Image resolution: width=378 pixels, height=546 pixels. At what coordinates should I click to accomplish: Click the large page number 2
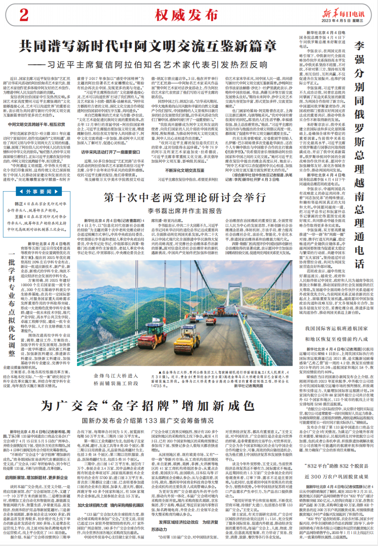(x=24, y=15)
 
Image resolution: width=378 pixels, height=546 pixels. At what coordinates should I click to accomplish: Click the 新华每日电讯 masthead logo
(x=343, y=14)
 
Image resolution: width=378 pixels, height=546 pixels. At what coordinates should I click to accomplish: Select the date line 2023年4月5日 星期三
(x=343, y=21)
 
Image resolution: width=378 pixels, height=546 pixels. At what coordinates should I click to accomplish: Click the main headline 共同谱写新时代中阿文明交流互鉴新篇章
(x=147, y=46)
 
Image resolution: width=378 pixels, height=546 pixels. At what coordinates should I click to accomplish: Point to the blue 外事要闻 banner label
(x=39, y=191)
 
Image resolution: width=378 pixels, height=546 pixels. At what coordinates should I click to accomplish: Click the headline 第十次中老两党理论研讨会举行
(x=184, y=198)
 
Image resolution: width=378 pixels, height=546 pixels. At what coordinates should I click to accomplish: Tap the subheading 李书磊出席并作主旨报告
(x=184, y=211)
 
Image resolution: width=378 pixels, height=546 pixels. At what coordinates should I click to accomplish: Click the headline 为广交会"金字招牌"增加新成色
(x=147, y=406)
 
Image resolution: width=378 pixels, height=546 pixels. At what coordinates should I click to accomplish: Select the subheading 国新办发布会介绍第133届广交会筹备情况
(x=147, y=420)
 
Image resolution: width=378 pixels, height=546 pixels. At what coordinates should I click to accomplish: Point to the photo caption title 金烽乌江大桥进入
(x=115, y=376)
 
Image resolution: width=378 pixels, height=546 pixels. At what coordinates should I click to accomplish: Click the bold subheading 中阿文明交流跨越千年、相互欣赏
(x=37, y=125)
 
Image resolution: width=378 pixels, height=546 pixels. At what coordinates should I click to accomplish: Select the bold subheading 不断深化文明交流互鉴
(x=184, y=170)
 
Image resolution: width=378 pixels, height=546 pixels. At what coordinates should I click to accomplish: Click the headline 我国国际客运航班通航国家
(x=336, y=329)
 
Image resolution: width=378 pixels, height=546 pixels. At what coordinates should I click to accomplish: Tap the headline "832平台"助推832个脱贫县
(x=336, y=466)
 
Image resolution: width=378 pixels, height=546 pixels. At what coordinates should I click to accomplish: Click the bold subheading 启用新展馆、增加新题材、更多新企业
(x=37, y=477)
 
